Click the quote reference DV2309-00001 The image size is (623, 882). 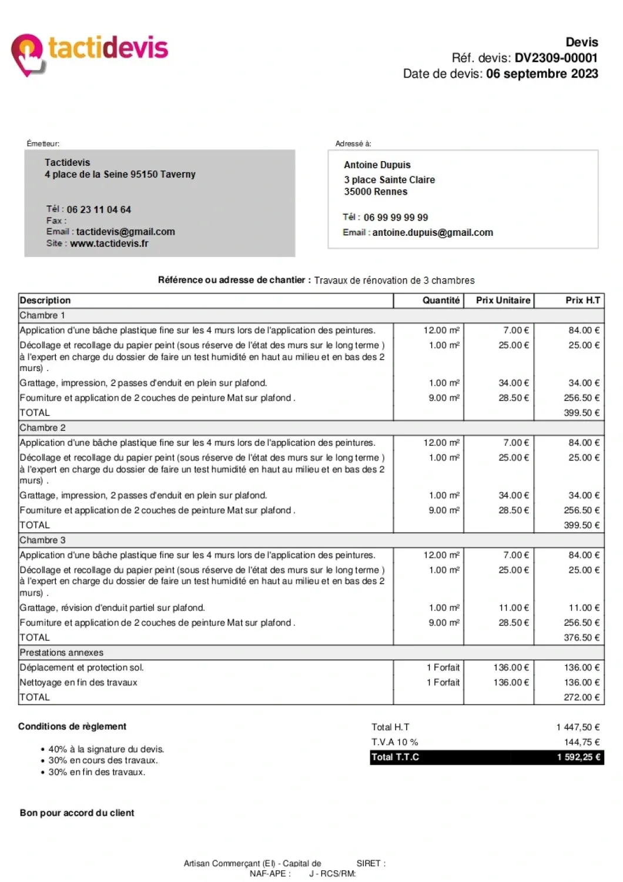click(x=556, y=58)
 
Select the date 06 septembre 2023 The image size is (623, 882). click(x=542, y=74)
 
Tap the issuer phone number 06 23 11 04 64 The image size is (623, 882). click(x=99, y=210)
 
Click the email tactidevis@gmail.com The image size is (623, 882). click(x=125, y=232)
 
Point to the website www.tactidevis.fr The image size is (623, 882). click(x=109, y=243)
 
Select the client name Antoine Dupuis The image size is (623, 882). click(x=377, y=165)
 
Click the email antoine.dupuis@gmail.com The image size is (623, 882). click(x=433, y=233)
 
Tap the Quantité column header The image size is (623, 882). click(x=441, y=300)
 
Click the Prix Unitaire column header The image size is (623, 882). click(x=503, y=300)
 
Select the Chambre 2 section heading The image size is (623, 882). click(x=43, y=428)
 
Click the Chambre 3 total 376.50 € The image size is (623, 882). click(x=581, y=638)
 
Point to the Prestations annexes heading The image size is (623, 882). click(x=62, y=653)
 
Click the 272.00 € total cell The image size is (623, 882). click(x=581, y=697)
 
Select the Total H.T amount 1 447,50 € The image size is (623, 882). click(x=578, y=727)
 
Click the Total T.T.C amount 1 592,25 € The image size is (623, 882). click(x=578, y=757)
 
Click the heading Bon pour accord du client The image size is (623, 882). click(x=77, y=813)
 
